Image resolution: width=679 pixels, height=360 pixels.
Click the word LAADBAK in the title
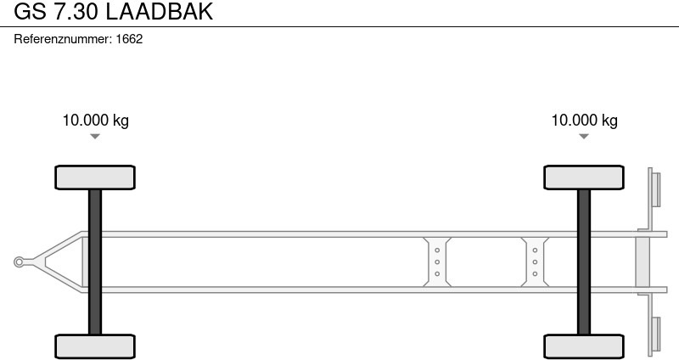tap(160, 12)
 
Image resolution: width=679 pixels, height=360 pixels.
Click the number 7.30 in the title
tap(76, 12)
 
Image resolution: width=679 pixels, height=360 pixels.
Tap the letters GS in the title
tap(30, 12)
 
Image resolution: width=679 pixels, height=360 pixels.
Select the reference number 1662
tap(130, 39)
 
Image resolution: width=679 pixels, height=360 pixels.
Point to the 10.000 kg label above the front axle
tap(96, 121)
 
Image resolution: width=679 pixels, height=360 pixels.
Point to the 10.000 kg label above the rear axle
tap(584, 121)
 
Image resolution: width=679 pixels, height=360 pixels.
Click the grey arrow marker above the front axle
tap(95, 137)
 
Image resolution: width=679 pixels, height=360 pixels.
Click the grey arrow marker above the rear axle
tap(584, 137)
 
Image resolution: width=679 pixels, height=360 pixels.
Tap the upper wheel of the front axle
tap(95, 177)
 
